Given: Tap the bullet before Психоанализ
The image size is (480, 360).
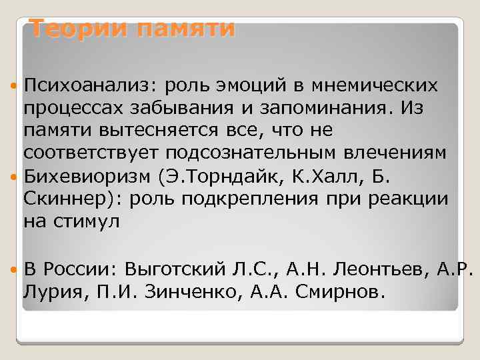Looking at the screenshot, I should (15, 85).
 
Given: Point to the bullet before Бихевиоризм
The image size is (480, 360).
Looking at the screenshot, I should (15, 177).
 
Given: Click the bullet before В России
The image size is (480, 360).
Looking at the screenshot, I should (15, 269).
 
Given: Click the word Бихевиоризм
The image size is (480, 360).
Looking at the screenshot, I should (87, 177).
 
